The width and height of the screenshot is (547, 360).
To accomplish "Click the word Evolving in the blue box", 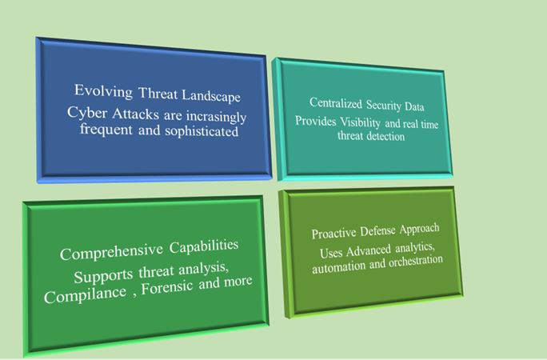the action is pos(104,91).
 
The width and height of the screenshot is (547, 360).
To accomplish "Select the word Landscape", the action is pos(211,95).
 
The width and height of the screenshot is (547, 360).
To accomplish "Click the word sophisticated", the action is pos(202,131).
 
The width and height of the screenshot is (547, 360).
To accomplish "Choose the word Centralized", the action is pos(336,103).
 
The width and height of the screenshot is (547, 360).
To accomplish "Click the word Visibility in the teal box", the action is pos(361,122).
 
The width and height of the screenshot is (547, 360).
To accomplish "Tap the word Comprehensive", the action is pos(112,251).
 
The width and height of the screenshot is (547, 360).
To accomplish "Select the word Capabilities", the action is pos(204,246).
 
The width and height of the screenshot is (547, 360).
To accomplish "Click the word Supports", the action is pos(104,276).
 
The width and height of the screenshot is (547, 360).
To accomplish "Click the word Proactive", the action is pos(333,234).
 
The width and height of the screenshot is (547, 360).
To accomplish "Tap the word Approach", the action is pos(420,229).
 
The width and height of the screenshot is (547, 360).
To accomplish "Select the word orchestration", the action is pos(416,262).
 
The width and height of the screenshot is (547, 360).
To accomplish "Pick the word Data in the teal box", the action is pos(414,106).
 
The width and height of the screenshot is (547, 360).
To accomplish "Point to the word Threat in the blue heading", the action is pos(158,94).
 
